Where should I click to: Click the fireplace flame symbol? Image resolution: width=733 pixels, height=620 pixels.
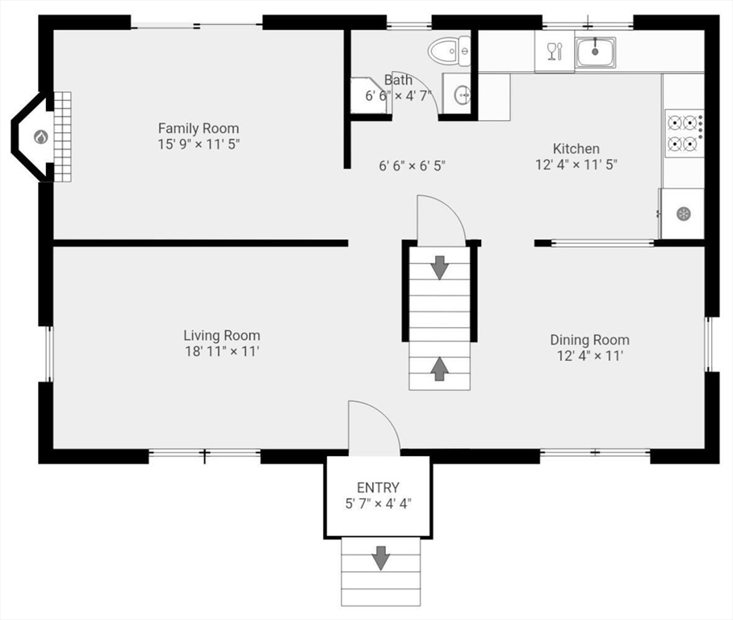coord(41,137)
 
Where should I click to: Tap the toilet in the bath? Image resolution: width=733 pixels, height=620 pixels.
coord(449,51)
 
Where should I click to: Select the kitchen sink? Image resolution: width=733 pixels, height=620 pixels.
coord(595,52)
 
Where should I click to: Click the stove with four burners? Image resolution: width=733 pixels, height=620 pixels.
coord(684,133)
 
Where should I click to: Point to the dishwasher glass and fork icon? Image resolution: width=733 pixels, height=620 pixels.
coord(555,52)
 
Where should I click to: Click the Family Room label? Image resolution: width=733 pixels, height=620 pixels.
coord(199,128)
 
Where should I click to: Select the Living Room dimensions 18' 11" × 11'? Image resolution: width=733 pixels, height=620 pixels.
coord(222,351)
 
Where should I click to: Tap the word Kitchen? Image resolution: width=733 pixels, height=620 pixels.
coord(576,149)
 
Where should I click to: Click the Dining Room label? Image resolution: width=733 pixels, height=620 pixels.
coord(589,339)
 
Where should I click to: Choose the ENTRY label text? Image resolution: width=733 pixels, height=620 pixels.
coord(378,488)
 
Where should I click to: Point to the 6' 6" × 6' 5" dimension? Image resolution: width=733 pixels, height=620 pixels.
coord(412,165)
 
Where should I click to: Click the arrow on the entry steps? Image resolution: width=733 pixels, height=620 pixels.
coord(381,558)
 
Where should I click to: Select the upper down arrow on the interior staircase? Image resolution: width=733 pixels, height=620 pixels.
coord(439,267)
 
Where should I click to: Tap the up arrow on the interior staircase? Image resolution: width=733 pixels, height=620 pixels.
coord(439,368)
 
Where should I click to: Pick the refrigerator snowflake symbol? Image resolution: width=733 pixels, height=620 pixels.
coord(684,214)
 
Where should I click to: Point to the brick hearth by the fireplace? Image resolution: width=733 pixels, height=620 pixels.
coord(63,136)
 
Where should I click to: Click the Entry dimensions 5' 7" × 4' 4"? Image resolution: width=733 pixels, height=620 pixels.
coord(378,504)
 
